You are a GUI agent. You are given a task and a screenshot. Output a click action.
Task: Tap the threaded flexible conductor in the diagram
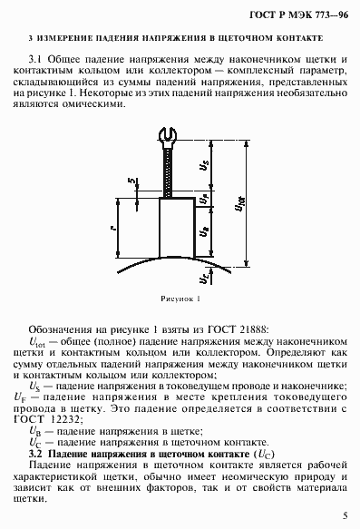[169, 172]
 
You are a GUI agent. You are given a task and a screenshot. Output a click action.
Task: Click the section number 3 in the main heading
[31, 40]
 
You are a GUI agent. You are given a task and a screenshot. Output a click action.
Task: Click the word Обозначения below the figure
[63, 325]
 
